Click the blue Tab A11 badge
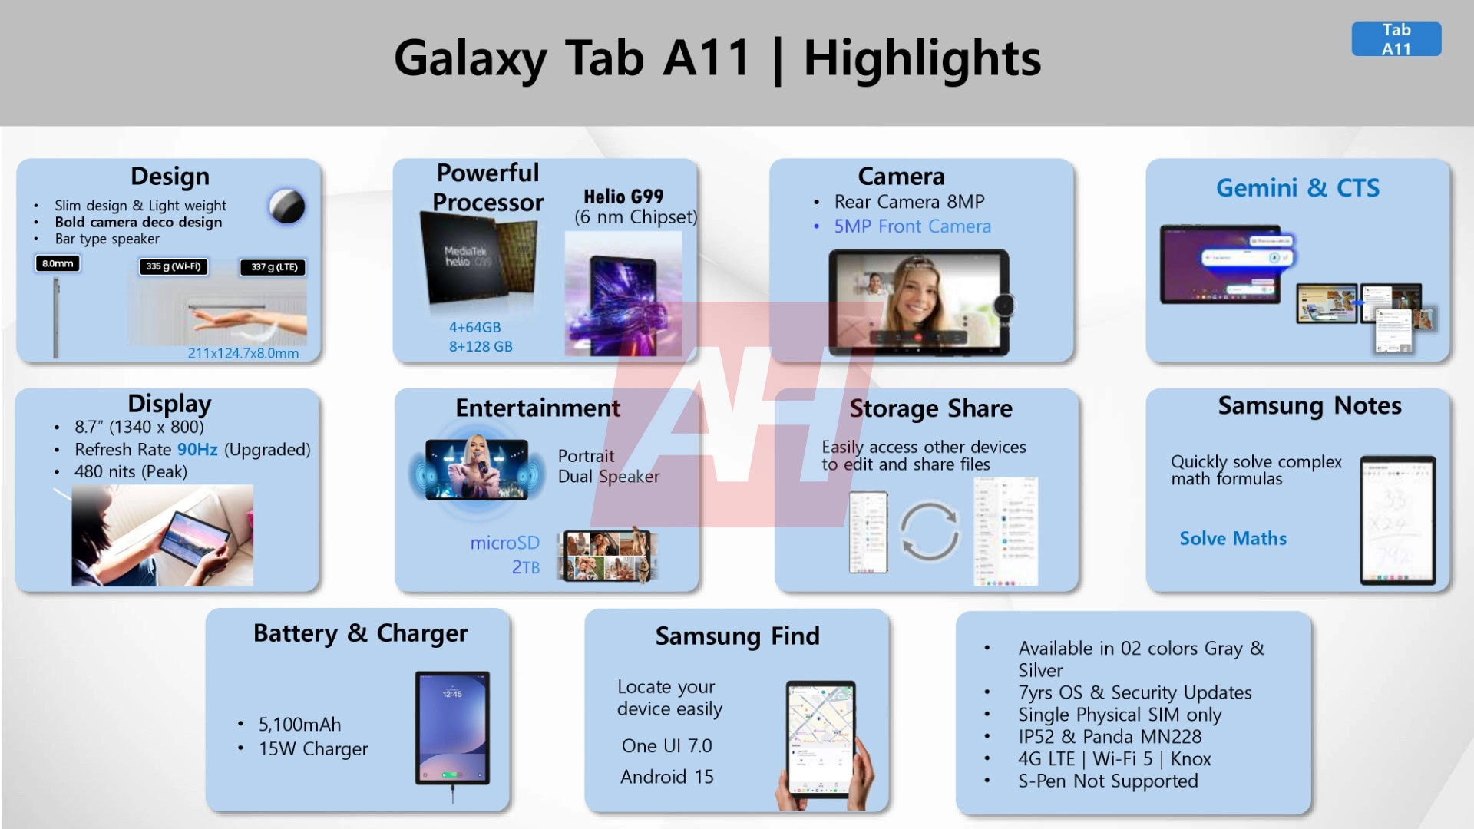pyautogui.click(x=1396, y=39)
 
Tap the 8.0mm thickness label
pyautogui.click(x=58, y=263)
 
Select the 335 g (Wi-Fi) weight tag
pyautogui.click(x=174, y=266)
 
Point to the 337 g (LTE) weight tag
pyautogui.click(x=274, y=267)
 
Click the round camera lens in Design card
pyautogui.click(x=287, y=206)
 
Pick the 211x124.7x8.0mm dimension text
pyautogui.click(x=243, y=353)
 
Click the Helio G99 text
pyautogui.click(x=623, y=197)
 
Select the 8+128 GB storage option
pyautogui.click(x=481, y=346)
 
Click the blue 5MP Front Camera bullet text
pyautogui.click(x=912, y=226)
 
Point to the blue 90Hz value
pyautogui.click(x=197, y=449)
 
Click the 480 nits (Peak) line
pyautogui.click(x=131, y=471)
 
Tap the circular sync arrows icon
pyautogui.click(x=929, y=530)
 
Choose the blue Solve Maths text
pyautogui.click(x=1233, y=538)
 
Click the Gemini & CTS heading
pyautogui.click(x=1297, y=187)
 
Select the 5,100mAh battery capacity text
pyautogui.click(x=299, y=724)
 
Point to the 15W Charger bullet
pyautogui.click(x=313, y=748)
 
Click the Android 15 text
pyautogui.click(x=666, y=777)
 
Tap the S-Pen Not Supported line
pyautogui.click(x=1108, y=781)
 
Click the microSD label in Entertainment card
pyautogui.click(x=504, y=543)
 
